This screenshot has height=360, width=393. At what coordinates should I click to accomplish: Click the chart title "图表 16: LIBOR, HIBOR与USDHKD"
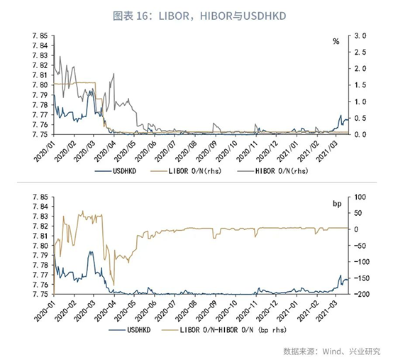point(199,16)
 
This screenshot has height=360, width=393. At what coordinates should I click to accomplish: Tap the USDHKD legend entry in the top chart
point(116,171)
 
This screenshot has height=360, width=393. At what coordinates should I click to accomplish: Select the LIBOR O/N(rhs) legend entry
point(186,171)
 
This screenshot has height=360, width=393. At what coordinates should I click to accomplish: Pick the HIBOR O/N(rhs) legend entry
point(272,171)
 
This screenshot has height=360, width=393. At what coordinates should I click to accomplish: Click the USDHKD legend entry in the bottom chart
point(130,330)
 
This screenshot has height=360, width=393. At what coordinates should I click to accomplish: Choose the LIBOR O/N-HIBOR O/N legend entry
point(224,330)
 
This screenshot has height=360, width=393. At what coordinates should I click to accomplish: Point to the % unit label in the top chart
point(336,41)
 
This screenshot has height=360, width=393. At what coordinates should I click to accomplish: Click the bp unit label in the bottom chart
point(337,204)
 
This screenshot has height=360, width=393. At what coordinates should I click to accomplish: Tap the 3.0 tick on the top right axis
point(360,36)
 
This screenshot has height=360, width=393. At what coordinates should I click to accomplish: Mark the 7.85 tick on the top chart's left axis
point(40,36)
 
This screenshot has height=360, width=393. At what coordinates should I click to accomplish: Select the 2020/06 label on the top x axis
point(145,151)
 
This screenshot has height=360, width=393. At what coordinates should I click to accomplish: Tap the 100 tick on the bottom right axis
point(360,197)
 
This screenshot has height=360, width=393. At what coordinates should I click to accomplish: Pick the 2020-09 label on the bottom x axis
point(206,310)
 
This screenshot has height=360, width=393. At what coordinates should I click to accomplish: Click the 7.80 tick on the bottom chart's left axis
point(40,246)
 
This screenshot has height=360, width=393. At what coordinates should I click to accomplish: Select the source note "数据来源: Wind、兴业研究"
point(332,351)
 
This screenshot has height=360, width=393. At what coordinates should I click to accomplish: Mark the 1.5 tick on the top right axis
point(360,85)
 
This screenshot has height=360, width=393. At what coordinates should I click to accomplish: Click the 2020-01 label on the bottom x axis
point(45,310)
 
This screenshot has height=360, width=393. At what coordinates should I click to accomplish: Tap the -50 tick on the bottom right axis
point(361,246)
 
